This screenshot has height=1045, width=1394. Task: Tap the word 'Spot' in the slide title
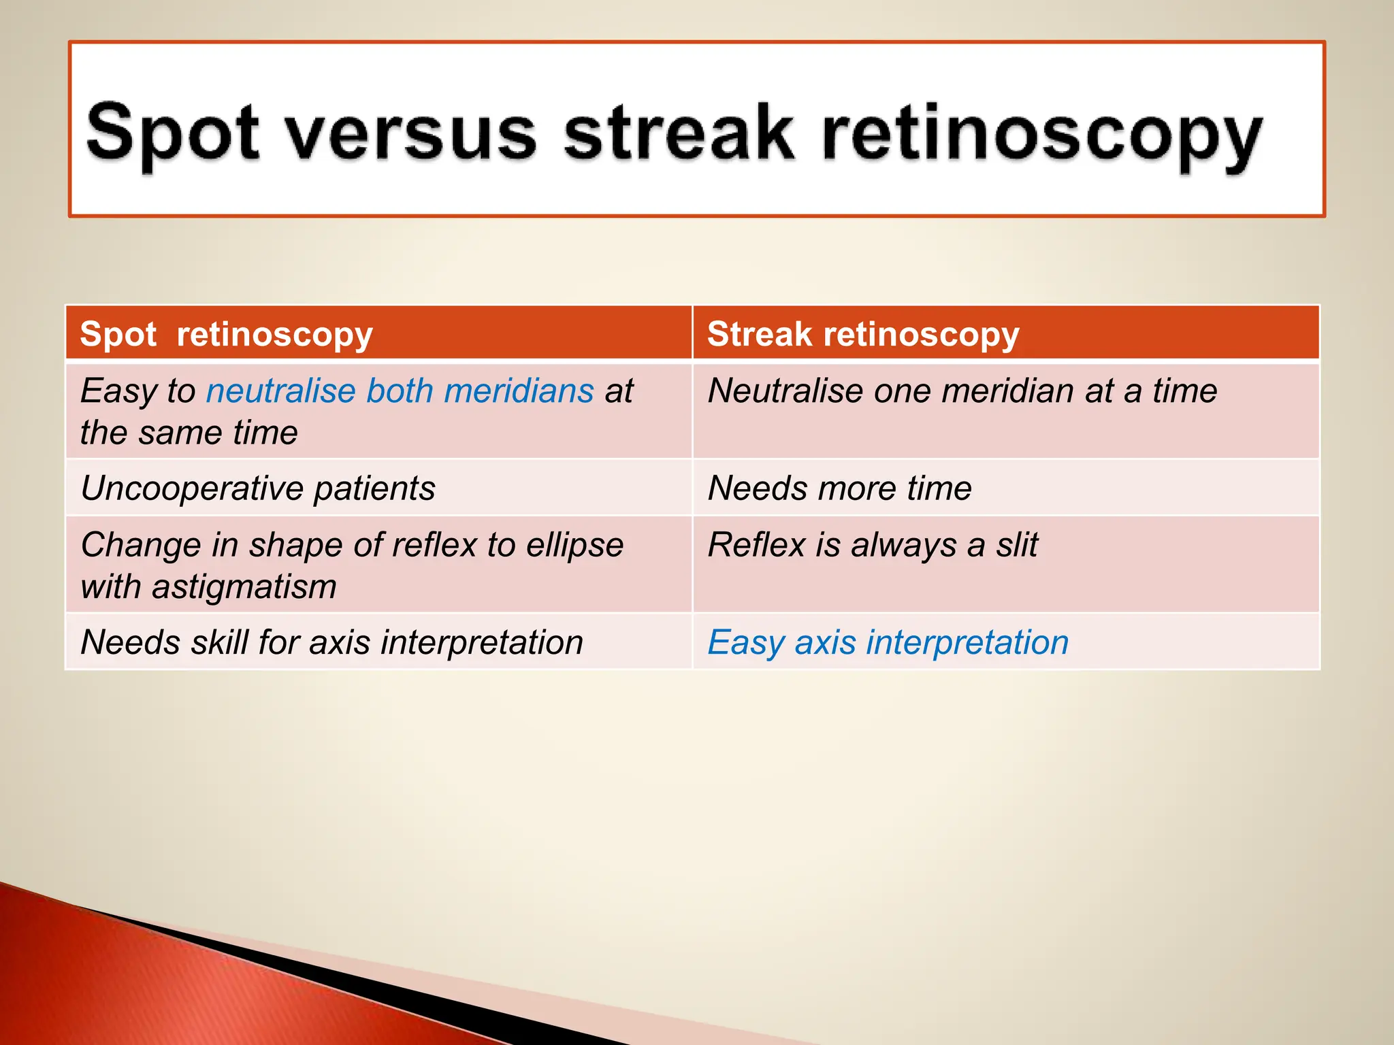point(172,134)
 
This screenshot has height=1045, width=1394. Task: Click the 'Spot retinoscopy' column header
point(226,334)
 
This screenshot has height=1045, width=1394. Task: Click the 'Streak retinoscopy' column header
point(863,334)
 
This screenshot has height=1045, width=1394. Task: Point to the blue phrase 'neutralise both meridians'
point(400,391)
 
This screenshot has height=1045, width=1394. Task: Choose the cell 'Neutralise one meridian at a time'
point(962,391)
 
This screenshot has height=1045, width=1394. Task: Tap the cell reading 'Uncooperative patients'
point(258,488)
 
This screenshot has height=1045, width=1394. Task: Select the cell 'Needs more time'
point(840,488)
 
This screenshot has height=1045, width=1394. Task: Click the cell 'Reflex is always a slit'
point(873,544)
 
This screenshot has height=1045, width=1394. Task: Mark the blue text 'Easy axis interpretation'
point(888,642)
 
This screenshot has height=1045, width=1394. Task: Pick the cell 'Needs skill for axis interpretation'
point(331,642)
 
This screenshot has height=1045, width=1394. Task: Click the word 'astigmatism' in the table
point(244,586)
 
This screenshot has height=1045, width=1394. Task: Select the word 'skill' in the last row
point(219,642)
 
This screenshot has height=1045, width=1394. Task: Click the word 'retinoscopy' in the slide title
point(1041,134)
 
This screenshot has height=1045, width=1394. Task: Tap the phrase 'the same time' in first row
point(189,433)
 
